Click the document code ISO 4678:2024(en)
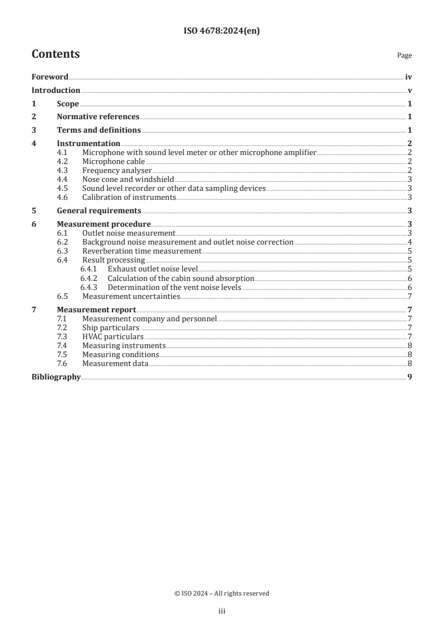click(222, 31)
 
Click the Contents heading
click(55, 54)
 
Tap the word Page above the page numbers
click(404, 56)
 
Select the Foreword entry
click(50, 77)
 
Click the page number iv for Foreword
click(409, 77)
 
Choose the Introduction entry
click(55, 91)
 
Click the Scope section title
click(68, 104)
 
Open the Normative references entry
click(98, 117)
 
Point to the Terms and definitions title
click(99, 130)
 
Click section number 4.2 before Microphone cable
click(63, 162)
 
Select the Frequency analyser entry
click(117, 170)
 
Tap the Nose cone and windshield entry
click(128, 180)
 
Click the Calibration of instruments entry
click(129, 198)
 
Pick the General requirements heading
click(99, 211)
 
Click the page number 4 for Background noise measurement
click(410, 242)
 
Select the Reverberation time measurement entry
click(142, 251)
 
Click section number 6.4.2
click(88, 278)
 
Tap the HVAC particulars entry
click(113, 337)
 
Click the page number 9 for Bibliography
click(410, 377)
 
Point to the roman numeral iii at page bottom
click(222, 612)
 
